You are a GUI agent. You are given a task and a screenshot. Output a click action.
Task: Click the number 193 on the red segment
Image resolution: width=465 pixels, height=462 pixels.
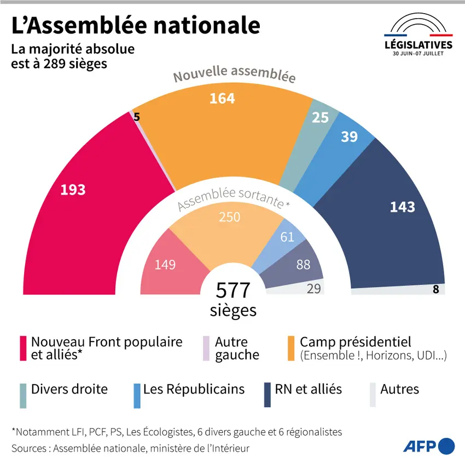[73, 190]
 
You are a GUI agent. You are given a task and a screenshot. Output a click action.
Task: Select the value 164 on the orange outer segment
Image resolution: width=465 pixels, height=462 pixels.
[222, 98]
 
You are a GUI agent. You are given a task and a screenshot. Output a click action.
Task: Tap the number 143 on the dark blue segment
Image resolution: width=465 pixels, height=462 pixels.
[402, 207]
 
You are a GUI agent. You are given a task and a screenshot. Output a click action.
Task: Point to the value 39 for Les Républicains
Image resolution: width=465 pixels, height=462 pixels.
[349, 136]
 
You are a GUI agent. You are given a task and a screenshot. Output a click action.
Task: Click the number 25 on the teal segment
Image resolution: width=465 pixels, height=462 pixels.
[321, 117]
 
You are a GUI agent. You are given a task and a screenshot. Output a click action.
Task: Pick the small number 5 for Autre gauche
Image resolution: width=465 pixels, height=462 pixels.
[136, 116]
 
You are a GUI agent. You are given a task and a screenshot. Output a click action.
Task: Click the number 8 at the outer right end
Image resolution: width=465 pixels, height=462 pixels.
[436, 289]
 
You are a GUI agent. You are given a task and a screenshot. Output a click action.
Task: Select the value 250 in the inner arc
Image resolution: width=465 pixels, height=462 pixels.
[229, 217]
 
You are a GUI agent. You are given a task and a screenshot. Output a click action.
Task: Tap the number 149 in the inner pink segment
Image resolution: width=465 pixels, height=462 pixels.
[165, 265]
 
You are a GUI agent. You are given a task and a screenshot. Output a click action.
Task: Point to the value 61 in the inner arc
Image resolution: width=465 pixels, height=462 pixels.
[287, 237]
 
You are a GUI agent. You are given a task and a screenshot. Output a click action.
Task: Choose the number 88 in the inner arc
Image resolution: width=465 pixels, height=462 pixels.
[303, 265]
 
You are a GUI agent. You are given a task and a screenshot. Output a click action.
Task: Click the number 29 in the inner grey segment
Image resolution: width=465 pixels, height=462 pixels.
[313, 288]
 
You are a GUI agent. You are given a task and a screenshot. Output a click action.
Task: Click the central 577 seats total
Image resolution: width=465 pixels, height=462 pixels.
[233, 290]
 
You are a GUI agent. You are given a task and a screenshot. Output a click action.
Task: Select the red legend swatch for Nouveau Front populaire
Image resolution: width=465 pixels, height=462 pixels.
[23, 349]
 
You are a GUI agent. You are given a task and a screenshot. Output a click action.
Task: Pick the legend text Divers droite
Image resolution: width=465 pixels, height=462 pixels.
[69, 389]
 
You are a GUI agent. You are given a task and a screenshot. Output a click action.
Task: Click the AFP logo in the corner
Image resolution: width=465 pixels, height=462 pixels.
[429, 446]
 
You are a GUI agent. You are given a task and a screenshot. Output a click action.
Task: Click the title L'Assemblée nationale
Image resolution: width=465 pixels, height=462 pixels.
[136, 25]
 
